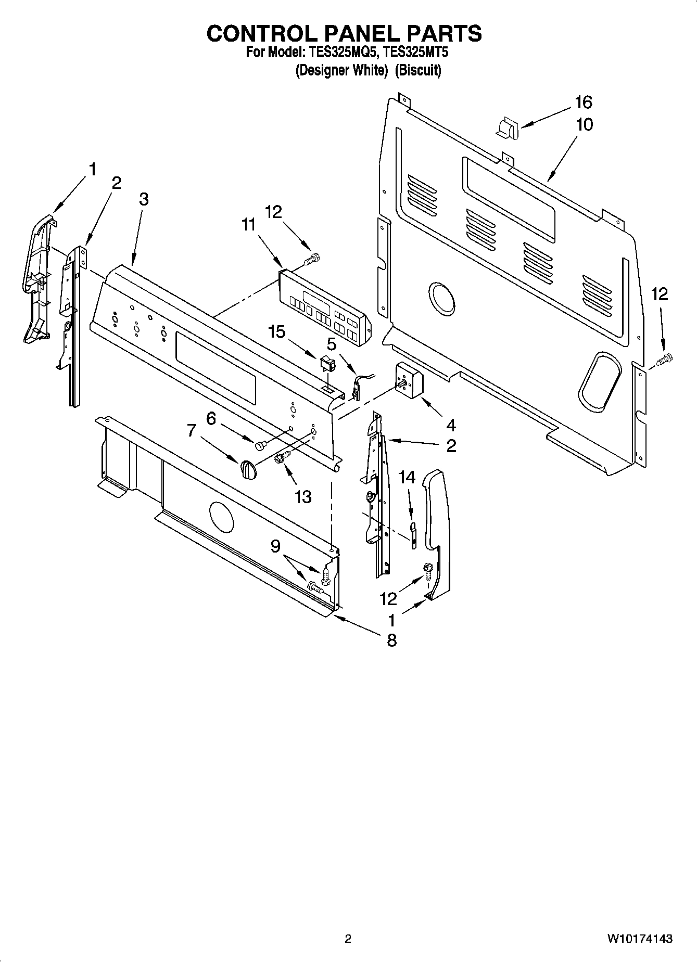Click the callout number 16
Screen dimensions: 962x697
[584, 102]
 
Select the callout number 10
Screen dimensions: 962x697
[584, 125]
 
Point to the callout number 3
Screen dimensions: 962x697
[144, 199]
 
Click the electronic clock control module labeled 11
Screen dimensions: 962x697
[324, 307]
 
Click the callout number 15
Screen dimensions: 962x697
[277, 331]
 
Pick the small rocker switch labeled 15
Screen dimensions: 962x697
[327, 363]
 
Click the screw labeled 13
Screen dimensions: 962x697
[282, 456]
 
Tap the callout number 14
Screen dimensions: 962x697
[407, 477]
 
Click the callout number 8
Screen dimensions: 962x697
[391, 640]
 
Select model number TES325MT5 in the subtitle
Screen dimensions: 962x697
[416, 53]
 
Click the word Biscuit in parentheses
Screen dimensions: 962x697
[417, 70]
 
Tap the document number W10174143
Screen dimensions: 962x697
[639, 939]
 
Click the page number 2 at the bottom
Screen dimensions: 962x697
[348, 939]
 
